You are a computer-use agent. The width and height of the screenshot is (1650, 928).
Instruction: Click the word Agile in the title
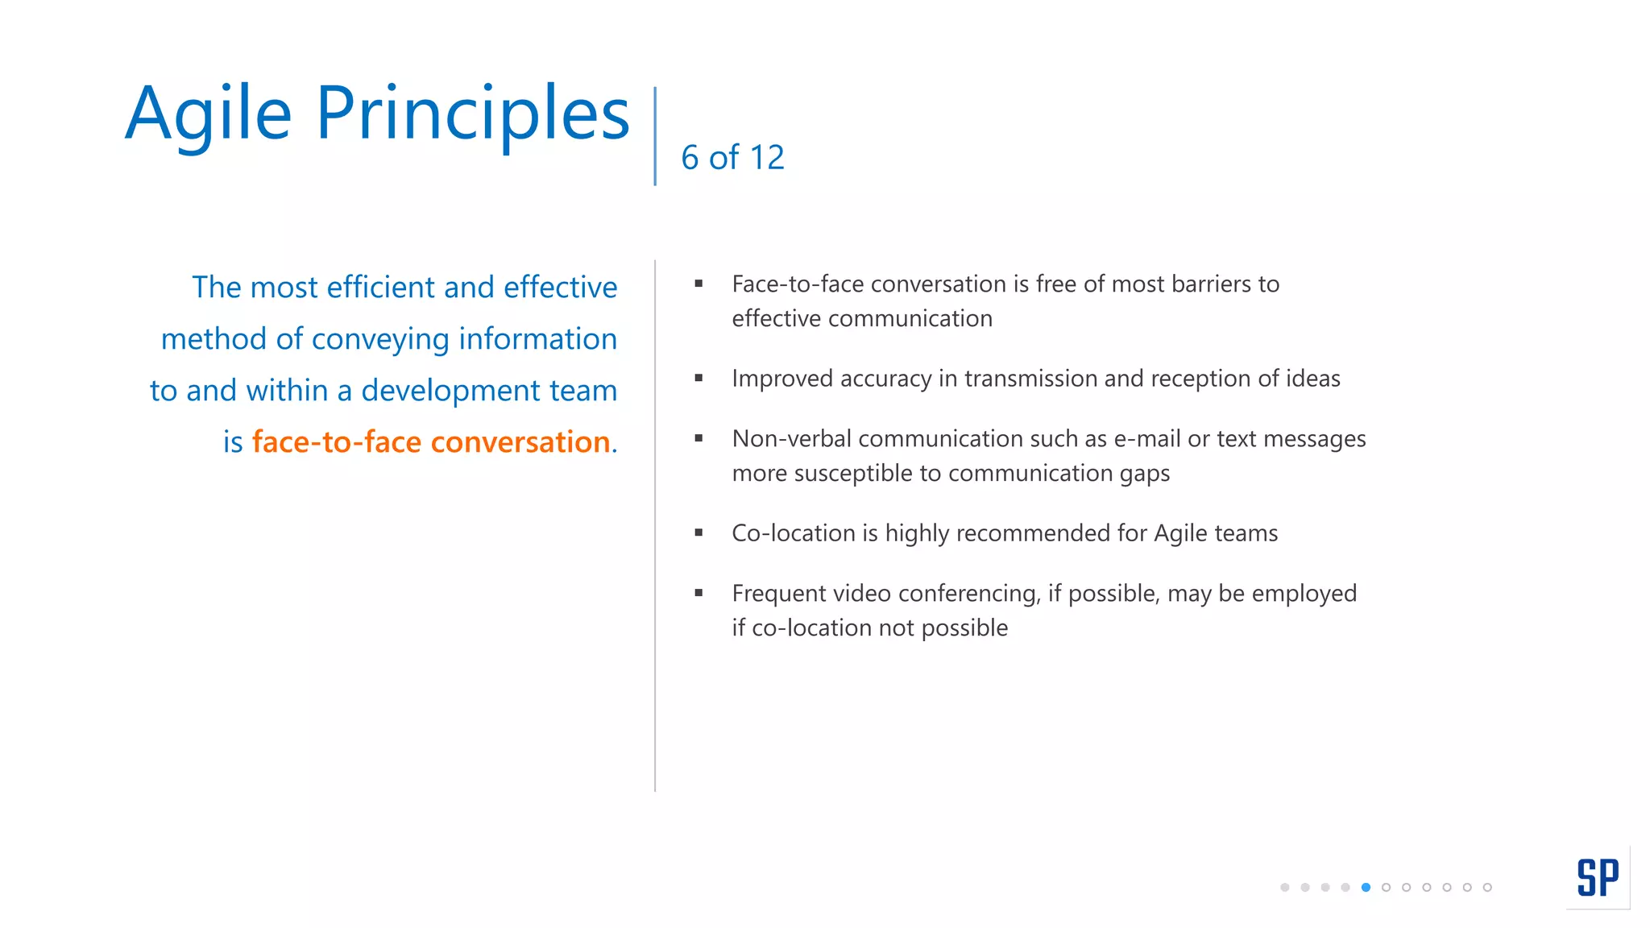tap(208, 114)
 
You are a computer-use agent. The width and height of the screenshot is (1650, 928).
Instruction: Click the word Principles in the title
tap(472, 114)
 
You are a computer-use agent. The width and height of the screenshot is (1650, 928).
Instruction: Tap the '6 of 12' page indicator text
tap(732, 158)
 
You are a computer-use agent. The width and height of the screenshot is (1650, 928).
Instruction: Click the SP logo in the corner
tap(1598, 877)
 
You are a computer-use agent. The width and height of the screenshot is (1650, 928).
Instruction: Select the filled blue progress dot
tap(1366, 887)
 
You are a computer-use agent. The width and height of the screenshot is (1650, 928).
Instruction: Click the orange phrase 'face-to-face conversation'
tap(431, 442)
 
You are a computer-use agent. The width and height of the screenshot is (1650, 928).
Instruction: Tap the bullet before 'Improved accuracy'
tap(699, 378)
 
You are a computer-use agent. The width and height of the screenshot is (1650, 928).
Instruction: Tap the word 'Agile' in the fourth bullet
tap(1180, 533)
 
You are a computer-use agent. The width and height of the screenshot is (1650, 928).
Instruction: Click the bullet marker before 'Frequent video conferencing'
tap(699, 593)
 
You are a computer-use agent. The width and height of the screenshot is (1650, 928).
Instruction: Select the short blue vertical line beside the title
tap(655, 135)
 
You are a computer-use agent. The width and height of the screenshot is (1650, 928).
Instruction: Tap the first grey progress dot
tap(1284, 887)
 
